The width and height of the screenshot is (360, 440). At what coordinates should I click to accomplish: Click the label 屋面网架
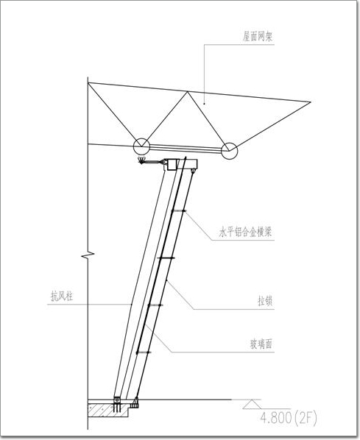click(258, 37)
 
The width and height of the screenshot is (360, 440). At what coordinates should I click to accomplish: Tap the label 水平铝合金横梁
click(246, 233)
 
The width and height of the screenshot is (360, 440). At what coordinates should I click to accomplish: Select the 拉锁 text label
click(265, 302)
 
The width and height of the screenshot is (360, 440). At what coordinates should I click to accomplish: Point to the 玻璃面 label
click(261, 344)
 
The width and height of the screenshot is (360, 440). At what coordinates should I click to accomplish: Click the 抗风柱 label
click(62, 296)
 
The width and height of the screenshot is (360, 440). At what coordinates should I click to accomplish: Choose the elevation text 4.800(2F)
click(289, 419)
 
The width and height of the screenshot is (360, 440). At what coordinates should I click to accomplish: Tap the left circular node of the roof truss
click(141, 146)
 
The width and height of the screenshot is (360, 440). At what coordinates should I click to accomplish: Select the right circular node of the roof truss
click(230, 151)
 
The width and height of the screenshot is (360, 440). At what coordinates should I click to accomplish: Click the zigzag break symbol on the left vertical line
click(88, 255)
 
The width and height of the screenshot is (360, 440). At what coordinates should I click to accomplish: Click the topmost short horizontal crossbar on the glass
click(179, 210)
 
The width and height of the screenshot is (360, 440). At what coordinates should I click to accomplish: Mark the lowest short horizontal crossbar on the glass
click(144, 352)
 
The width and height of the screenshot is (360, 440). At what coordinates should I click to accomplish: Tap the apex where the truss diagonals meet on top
click(187, 92)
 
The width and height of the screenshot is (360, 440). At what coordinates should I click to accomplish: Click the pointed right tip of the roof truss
click(311, 102)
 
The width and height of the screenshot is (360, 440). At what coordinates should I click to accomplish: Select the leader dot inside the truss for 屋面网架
click(205, 104)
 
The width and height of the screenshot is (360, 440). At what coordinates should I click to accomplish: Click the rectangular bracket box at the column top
click(172, 164)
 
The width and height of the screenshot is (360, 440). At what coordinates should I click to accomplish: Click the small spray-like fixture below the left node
click(141, 161)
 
